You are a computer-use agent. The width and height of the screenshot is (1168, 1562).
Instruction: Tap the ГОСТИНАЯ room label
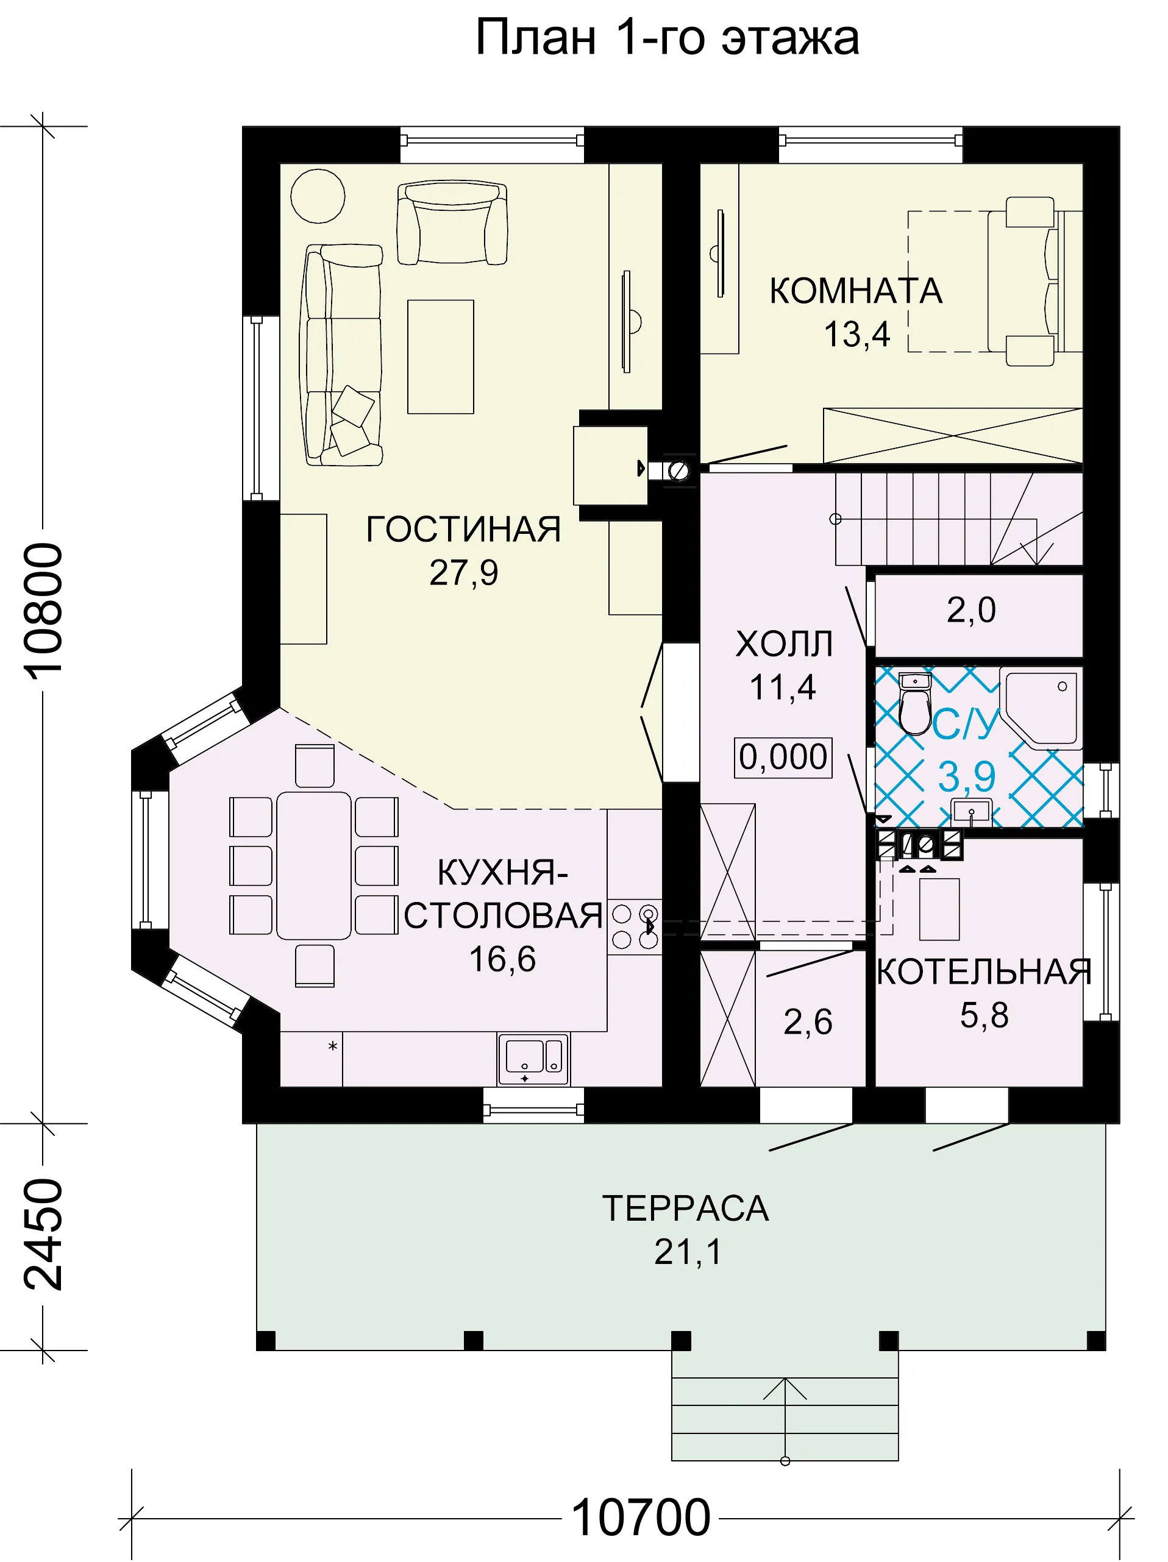pyautogui.click(x=463, y=530)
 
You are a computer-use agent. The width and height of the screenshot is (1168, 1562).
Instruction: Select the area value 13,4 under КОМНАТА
pyautogui.click(x=856, y=334)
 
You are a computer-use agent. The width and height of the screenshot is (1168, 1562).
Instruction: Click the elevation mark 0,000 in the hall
pyautogui.click(x=783, y=758)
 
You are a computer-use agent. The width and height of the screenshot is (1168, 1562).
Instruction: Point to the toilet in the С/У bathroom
pyautogui.click(x=915, y=705)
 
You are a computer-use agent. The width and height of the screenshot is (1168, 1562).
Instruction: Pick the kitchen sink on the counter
pyautogui.click(x=533, y=1059)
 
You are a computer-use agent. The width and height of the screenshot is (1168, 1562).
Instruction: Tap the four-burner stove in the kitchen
pyautogui.click(x=635, y=926)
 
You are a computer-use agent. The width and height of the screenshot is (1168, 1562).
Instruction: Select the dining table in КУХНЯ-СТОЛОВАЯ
pyautogui.click(x=314, y=866)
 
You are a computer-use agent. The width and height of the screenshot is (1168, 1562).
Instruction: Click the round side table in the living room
pyautogui.click(x=318, y=196)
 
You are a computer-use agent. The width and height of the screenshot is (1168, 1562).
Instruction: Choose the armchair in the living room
pyautogui.click(x=452, y=222)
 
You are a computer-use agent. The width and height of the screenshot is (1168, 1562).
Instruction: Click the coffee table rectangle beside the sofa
pyautogui.click(x=441, y=357)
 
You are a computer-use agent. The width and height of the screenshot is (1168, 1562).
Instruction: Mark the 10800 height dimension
pyautogui.click(x=43, y=611)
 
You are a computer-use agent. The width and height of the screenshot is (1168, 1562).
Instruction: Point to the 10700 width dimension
pyautogui.click(x=641, y=1518)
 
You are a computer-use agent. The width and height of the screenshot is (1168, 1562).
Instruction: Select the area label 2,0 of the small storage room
pyautogui.click(x=971, y=610)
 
